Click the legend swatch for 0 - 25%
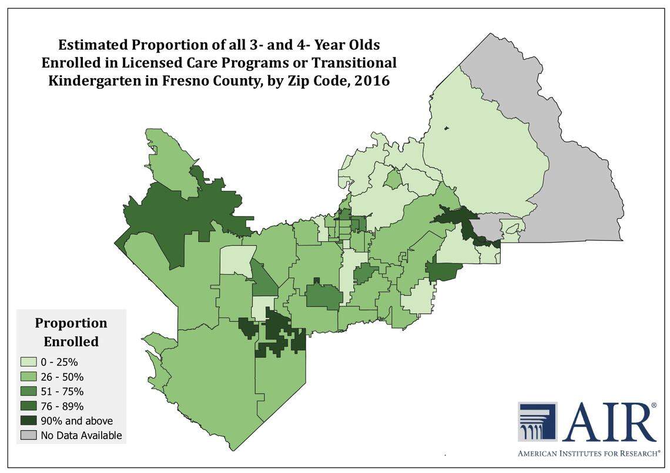point(29,362)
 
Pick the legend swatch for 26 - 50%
point(29,377)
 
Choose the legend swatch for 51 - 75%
point(29,391)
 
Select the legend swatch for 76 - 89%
point(29,406)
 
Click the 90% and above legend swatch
point(29,421)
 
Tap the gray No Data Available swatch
point(29,435)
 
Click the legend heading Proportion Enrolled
point(71,332)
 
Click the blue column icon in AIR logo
point(537,422)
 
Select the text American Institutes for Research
point(588,454)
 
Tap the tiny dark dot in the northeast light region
point(447,128)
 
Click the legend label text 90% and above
point(76,421)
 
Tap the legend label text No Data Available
point(81,435)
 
